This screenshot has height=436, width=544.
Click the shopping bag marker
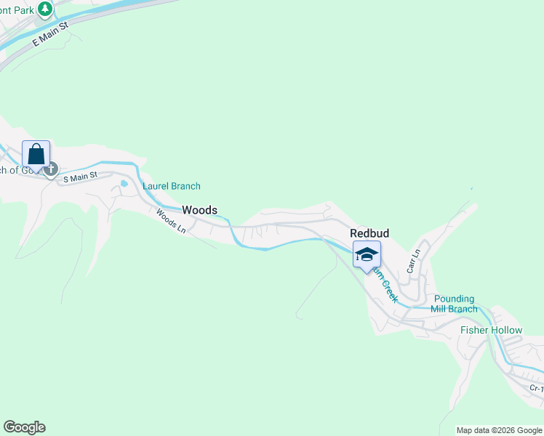click(x=36, y=155)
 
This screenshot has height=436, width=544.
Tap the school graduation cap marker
click(x=367, y=255)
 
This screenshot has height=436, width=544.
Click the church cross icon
click(x=50, y=170)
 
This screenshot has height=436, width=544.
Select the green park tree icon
click(x=45, y=9)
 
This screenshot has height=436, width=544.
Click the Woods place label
click(x=199, y=210)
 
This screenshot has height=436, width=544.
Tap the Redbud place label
click(x=369, y=233)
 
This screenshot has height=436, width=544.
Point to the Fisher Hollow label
click(x=491, y=331)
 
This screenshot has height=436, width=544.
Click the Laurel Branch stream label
click(x=172, y=187)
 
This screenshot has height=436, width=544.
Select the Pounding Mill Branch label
click(x=455, y=304)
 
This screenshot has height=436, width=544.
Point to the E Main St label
click(x=49, y=34)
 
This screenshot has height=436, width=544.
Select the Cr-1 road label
click(x=536, y=388)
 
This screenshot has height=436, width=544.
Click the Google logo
click(x=24, y=427)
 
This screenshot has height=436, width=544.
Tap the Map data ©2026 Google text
click(x=500, y=430)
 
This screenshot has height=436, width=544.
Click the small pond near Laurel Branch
click(x=124, y=184)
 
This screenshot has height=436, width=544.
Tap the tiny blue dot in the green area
click(x=471, y=189)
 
